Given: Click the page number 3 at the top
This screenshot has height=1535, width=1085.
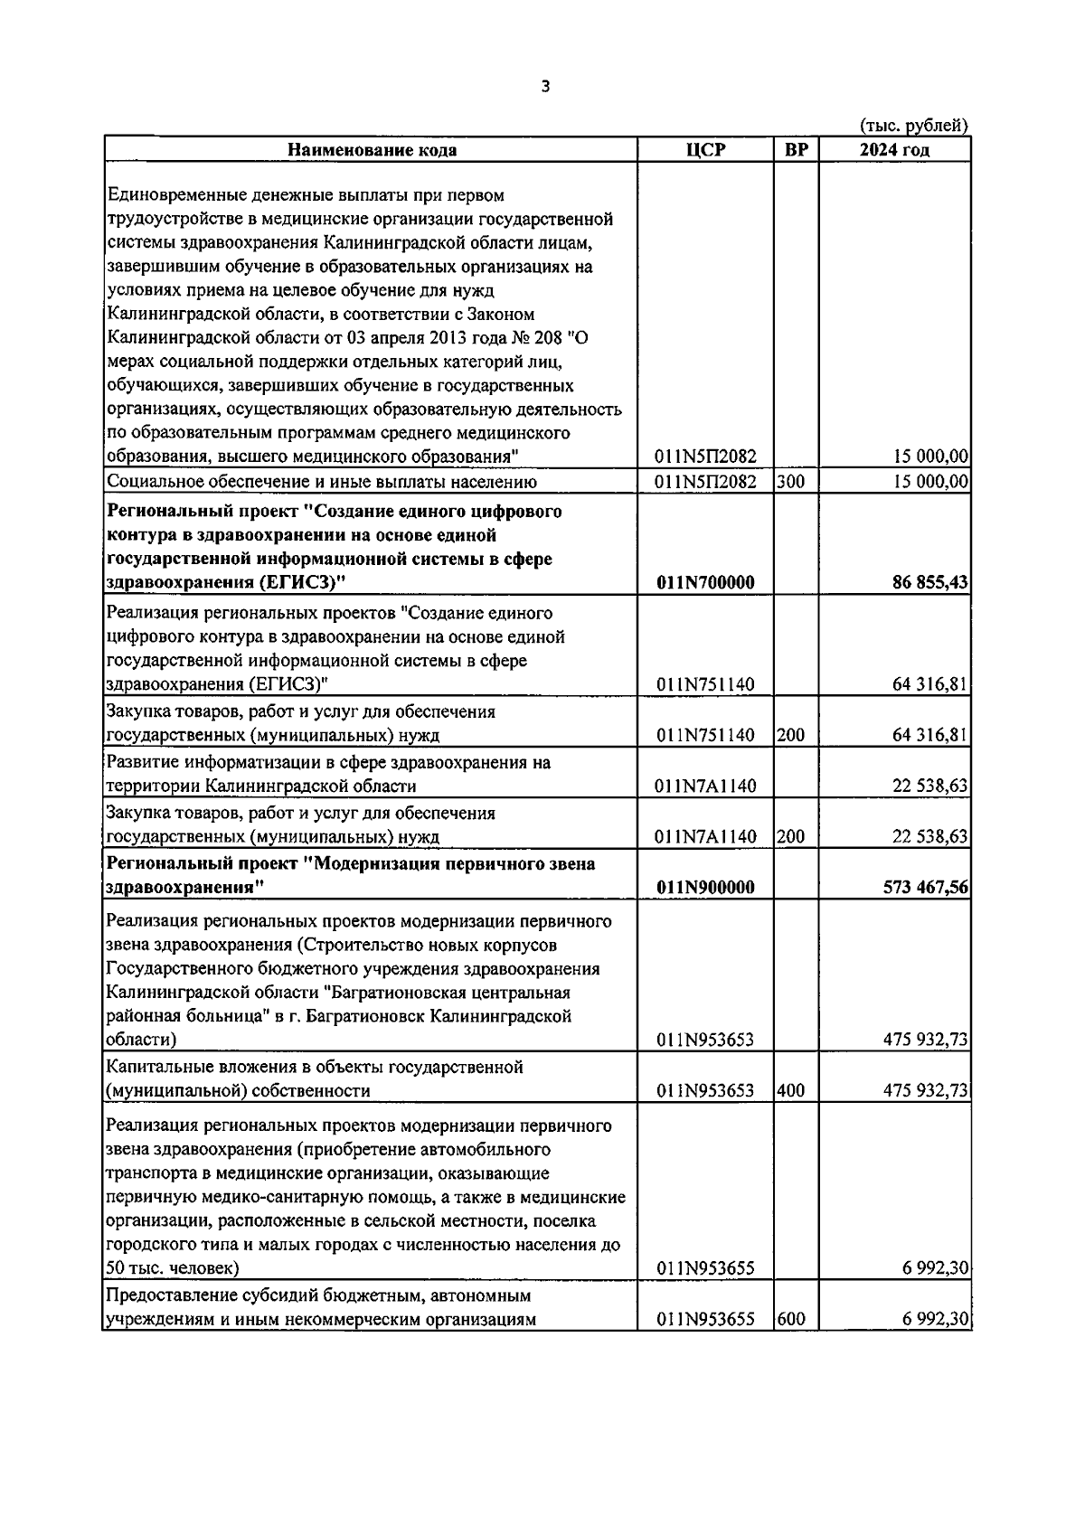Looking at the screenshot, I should tap(543, 87).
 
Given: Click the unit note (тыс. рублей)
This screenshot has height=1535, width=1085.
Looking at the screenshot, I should tap(914, 126).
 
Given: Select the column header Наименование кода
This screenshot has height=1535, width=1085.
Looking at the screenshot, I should tap(372, 150).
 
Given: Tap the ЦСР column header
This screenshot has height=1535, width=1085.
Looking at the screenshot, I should tap(706, 150).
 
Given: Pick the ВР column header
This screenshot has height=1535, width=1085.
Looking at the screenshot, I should tap(796, 150).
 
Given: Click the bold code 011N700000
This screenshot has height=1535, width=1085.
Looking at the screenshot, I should tap(706, 583).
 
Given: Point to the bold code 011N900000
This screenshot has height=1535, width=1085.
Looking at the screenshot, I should tap(706, 888).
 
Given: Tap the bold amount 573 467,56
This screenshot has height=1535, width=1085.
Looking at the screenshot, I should tap(925, 888).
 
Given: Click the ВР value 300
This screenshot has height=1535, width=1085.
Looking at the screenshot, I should tap(790, 482).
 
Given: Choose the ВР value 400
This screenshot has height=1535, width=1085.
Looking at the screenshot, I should tap(790, 1091).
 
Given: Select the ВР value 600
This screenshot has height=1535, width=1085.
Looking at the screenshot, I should tap(790, 1320).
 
